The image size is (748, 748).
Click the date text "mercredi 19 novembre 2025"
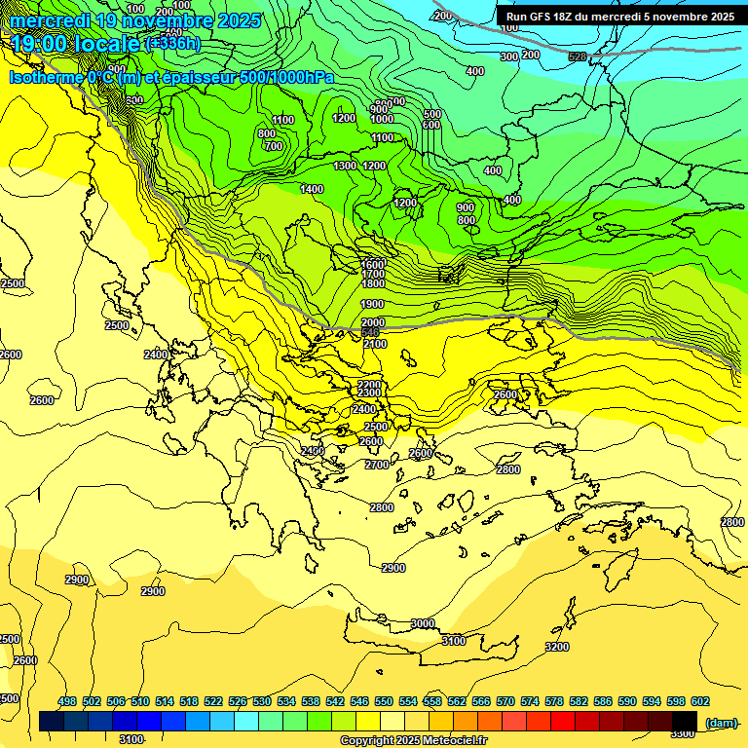pyautogui.click(x=135, y=20)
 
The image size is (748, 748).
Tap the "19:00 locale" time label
pyautogui.click(x=75, y=44)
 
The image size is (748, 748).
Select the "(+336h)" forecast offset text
pyautogui.click(x=172, y=44)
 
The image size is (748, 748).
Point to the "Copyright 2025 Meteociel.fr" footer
pyautogui.click(x=413, y=741)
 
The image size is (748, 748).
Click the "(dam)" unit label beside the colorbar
pyautogui.click(x=720, y=722)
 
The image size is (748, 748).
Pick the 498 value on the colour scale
pyautogui.click(x=67, y=702)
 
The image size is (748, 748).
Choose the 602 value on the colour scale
pyautogui.click(x=699, y=702)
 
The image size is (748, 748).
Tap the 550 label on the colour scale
pyautogui.click(x=384, y=702)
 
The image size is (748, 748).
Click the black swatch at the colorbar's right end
pyautogui.click(x=685, y=722)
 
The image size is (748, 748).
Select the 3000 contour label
pyautogui.click(x=423, y=623)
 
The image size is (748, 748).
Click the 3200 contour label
pyautogui.click(x=557, y=647)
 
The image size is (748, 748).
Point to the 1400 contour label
pyautogui.click(x=312, y=189)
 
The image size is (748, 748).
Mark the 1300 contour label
pyautogui.click(x=345, y=167)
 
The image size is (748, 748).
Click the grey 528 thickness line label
pyautogui.click(x=578, y=56)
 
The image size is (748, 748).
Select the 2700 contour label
pyautogui.click(x=377, y=465)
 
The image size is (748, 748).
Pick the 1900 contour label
pyautogui.click(x=372, y=304)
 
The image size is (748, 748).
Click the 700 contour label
pyautogui.click(x=273, y=146)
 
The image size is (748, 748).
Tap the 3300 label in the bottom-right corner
pyautogui.click(x=683, y=733)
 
